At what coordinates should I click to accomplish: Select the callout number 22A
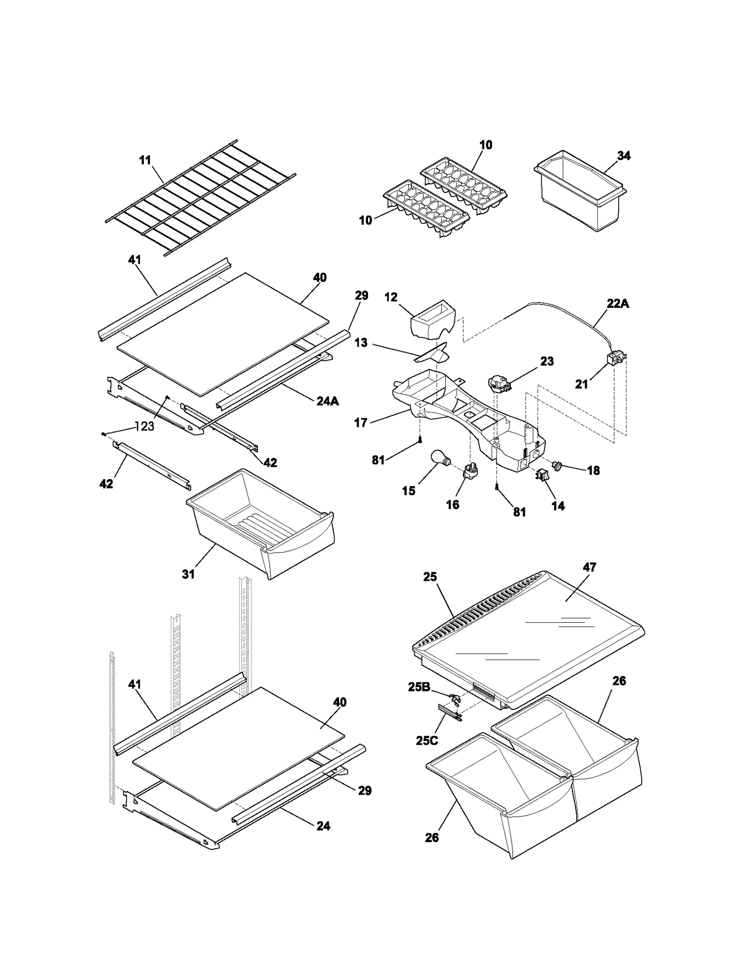[618, 304]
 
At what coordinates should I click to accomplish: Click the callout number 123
[145, 427]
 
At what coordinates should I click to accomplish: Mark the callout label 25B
[419, 687]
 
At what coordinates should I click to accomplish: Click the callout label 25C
[427, 740]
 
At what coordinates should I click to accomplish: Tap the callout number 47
[590, 568]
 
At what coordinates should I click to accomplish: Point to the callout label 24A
[328, 401]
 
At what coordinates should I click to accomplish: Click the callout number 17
[361, 422]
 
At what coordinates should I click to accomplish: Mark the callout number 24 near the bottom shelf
[323, 826]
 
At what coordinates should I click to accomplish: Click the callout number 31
[188, 574]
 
